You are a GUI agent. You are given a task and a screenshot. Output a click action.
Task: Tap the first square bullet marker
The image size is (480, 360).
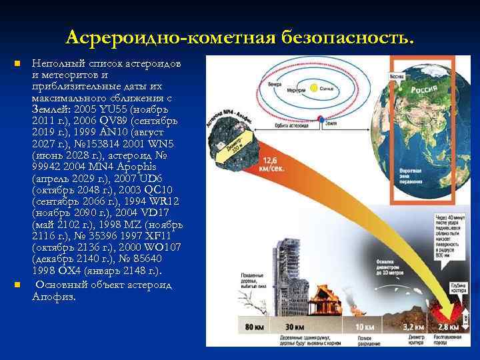point(18,63)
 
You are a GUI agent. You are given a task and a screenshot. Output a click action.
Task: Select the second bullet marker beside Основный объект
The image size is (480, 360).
point(18,285)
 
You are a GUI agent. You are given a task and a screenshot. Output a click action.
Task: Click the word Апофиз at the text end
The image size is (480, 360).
point(54,297)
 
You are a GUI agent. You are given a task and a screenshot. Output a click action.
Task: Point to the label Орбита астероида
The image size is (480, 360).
point(292,124)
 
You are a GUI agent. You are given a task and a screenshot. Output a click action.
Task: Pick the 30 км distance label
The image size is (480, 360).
point(295,327)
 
